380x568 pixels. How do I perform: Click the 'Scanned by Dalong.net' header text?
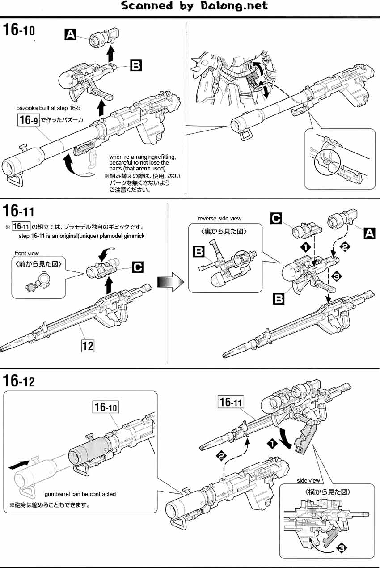[194, 6]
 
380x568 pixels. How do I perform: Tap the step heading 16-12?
[19, 381]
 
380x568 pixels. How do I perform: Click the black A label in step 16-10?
[70, 34]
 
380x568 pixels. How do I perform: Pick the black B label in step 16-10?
[135, 66]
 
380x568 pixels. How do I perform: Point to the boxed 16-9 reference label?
[26, 119]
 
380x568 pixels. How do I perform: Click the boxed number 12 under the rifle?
[88, 345]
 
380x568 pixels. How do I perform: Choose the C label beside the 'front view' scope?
[138, 267]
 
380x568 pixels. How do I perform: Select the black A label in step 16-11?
[369, 233]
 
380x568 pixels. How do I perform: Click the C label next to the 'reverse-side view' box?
[276, 219]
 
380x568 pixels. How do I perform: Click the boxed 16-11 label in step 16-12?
[231, 402]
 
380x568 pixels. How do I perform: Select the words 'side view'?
[308, 480]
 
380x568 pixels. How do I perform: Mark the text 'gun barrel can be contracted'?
[80, 494]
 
